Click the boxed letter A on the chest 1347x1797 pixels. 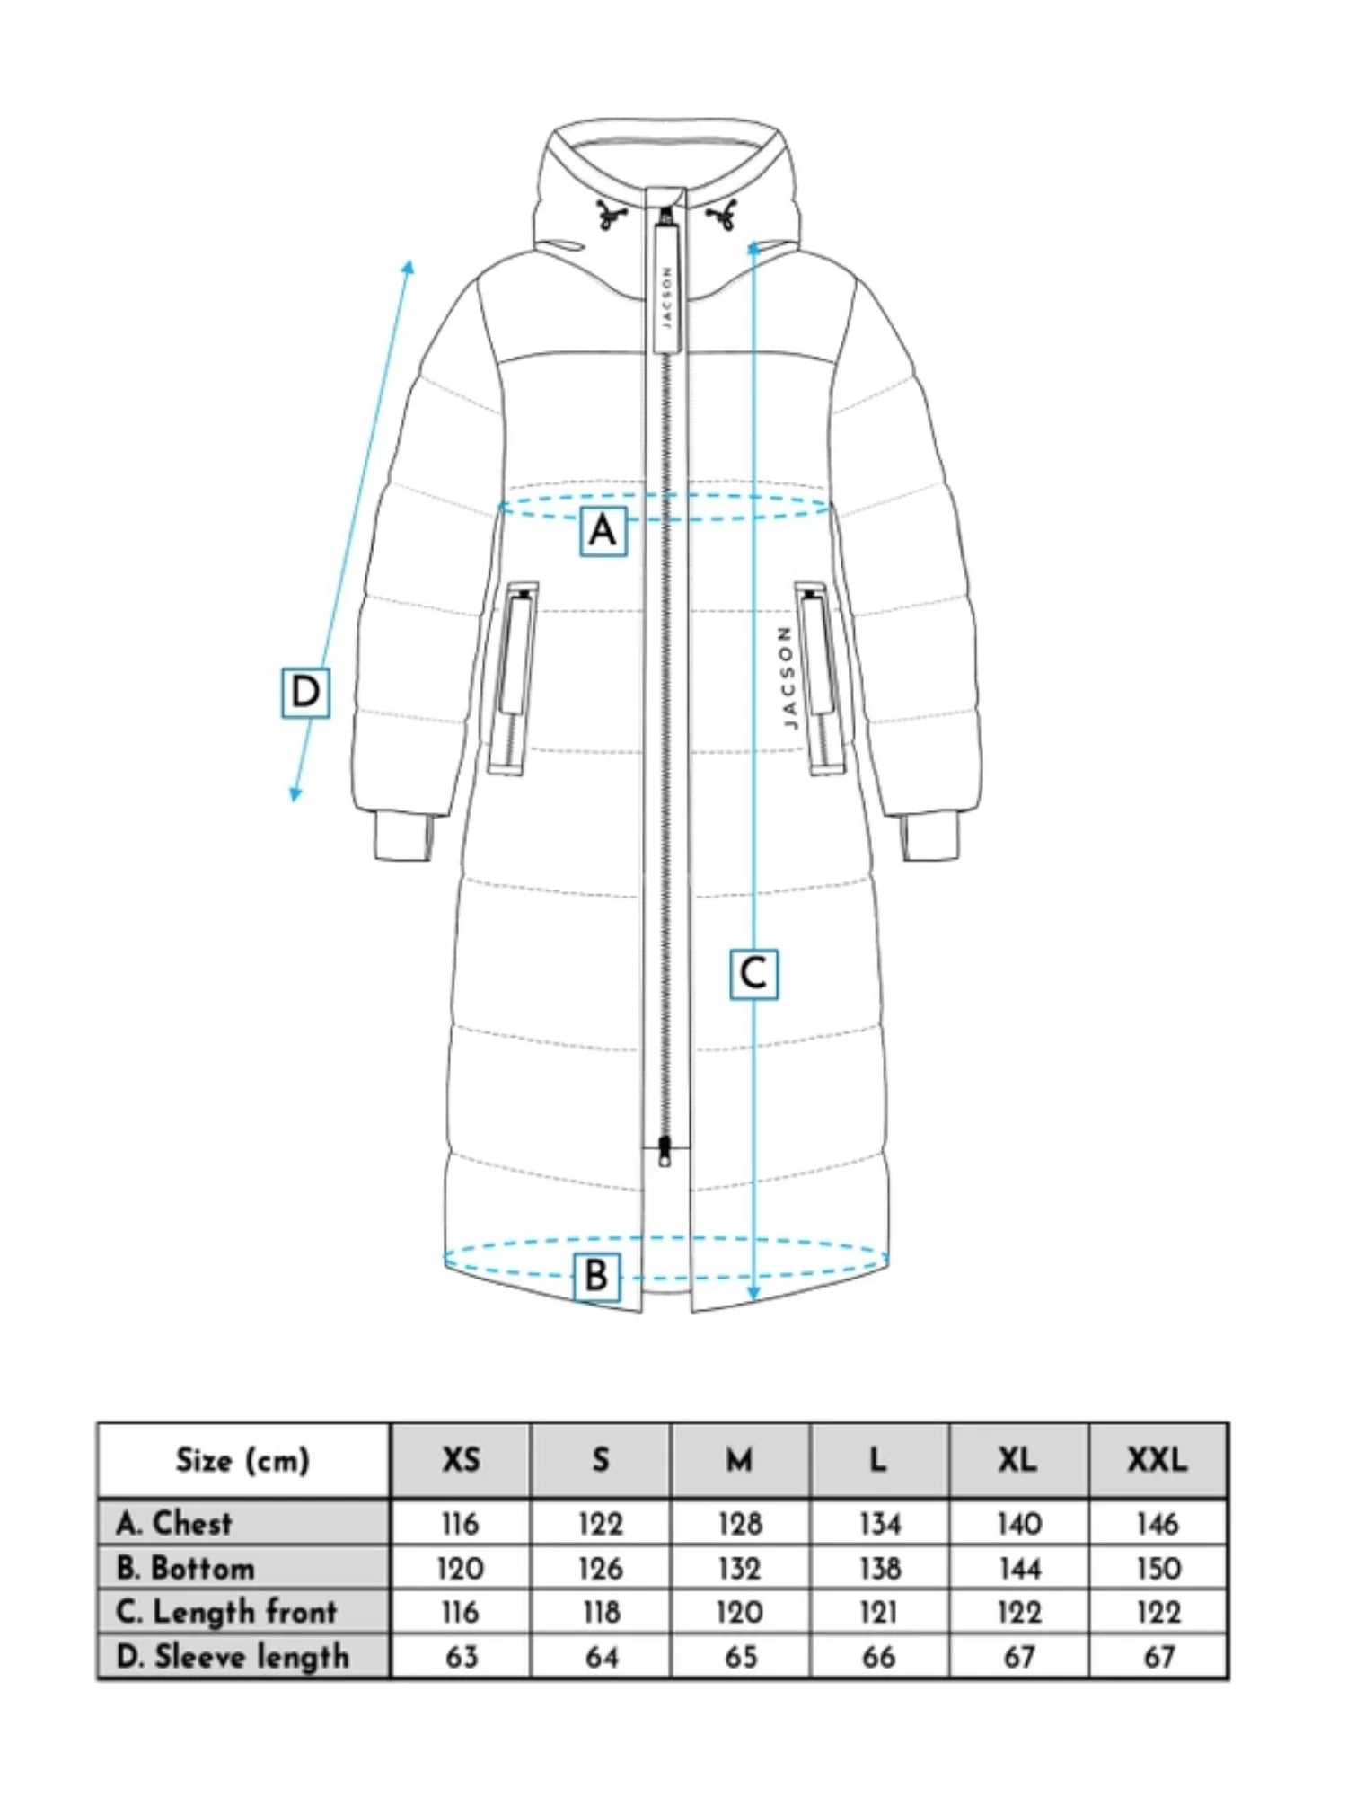603,531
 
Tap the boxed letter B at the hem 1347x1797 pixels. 596,1276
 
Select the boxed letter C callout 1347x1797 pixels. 753,974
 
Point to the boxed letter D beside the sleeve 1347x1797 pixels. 305,693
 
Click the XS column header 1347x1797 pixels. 461,1460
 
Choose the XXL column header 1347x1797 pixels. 1158,1460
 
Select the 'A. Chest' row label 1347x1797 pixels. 174,1523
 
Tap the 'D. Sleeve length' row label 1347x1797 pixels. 233,1656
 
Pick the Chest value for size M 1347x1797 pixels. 740,1524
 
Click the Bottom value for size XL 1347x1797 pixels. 1019,1569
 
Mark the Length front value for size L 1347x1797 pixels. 878,1613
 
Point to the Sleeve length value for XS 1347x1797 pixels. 461,1657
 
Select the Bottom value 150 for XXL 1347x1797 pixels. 1158,1569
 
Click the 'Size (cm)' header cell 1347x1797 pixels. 242,1460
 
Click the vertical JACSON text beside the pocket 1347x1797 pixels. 787,677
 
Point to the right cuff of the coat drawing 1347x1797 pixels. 931,837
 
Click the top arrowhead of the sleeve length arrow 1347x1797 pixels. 409,266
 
